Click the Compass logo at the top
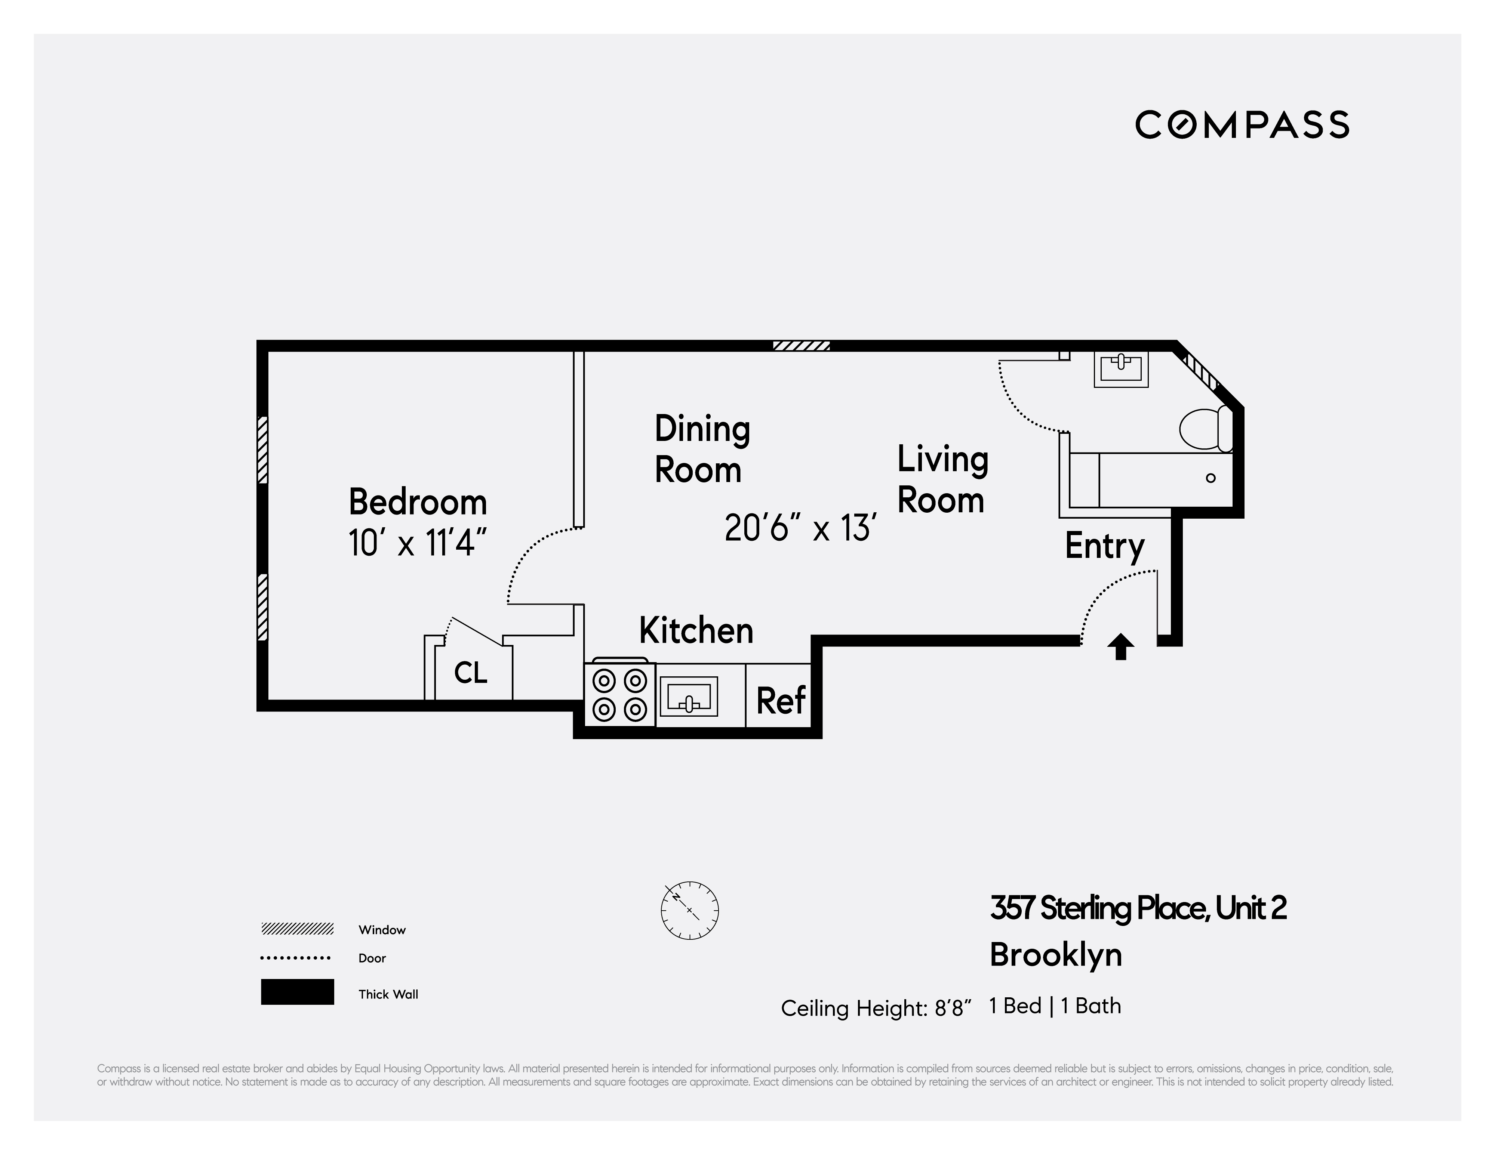(1242, 124)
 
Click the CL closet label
(471, 673)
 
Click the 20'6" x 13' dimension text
(800, 528)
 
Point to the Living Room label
(942, 479)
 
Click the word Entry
(1104, 546)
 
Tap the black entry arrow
(1120, 646)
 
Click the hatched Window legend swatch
(297, 929)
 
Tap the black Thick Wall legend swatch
(297, 991)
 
